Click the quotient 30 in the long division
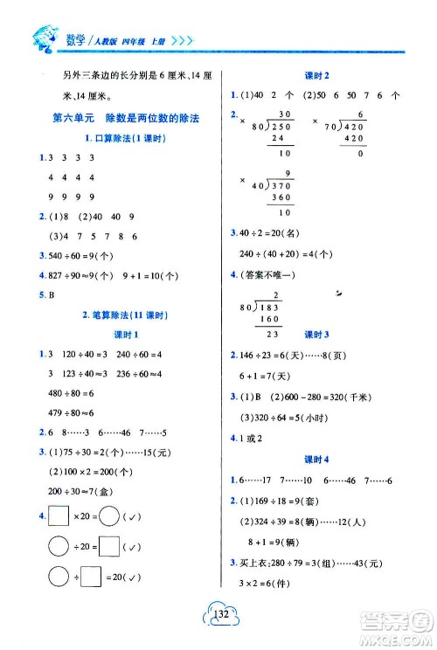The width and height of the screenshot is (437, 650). coord(283,114)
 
